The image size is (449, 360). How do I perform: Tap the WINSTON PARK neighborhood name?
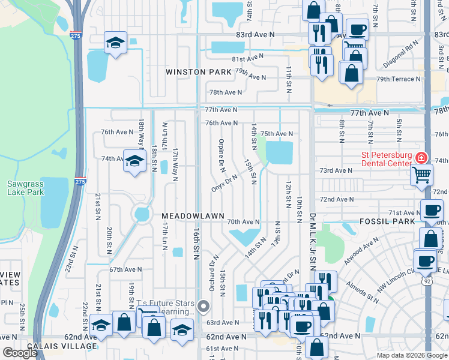tap(199, 72)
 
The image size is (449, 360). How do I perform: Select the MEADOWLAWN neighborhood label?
tap(192, 215)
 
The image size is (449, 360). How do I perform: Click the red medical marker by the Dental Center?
tap(421, 158)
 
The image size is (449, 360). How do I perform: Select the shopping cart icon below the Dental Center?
tap(422, 175)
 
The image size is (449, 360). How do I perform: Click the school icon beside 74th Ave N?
tap(135, 161)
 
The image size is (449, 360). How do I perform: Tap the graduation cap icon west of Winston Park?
tap(115, 43)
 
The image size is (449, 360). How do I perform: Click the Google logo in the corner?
tap(20, 353)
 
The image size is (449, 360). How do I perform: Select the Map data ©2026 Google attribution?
tap(411, 355)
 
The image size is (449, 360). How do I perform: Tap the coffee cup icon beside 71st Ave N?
tap(432, 211)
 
